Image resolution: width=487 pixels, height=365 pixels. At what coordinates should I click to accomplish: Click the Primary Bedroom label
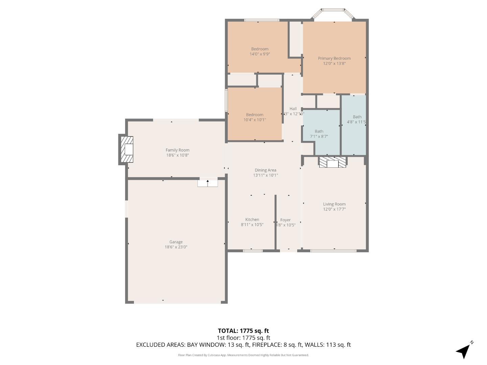334,58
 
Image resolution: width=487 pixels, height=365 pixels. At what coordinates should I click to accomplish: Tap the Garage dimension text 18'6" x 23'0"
176,247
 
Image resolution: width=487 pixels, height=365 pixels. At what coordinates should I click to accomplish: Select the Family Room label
177,150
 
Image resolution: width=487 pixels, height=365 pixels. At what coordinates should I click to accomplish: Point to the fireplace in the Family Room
127,149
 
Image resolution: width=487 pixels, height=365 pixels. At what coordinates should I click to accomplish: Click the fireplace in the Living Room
332,163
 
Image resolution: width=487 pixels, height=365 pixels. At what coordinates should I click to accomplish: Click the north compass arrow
464,351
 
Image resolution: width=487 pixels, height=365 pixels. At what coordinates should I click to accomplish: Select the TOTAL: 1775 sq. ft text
243,331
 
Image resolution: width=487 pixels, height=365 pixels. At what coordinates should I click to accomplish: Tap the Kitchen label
252,220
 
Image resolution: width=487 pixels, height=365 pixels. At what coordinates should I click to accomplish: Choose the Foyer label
285,220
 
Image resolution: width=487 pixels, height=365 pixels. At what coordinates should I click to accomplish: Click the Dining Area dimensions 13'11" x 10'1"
265,175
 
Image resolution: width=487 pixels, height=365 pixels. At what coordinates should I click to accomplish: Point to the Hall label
293,109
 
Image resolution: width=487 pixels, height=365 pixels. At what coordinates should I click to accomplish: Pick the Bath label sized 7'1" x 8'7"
319,131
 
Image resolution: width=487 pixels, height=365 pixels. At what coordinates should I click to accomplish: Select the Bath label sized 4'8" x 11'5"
357,117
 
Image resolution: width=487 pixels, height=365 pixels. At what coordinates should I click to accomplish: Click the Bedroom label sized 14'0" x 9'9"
260,49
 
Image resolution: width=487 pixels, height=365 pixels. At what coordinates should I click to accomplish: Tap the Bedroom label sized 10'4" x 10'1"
255,115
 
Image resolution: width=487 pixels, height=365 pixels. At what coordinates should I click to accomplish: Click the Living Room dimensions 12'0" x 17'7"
334,209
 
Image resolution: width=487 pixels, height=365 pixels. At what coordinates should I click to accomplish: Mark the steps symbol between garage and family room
208,183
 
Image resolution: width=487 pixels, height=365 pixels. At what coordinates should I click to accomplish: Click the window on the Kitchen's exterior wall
253,250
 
